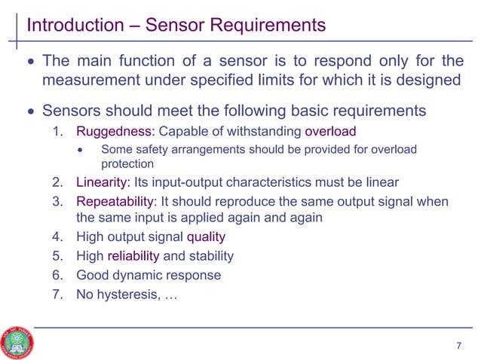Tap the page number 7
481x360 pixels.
(458, 346)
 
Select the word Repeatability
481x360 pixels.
(116, 202)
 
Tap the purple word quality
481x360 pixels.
(206, 237)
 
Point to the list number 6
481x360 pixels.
(57, 275)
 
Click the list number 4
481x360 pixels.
(57, 237)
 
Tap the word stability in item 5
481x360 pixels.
(209, 256)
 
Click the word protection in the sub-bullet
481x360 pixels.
(127, 164)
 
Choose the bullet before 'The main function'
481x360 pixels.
(30, 62)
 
